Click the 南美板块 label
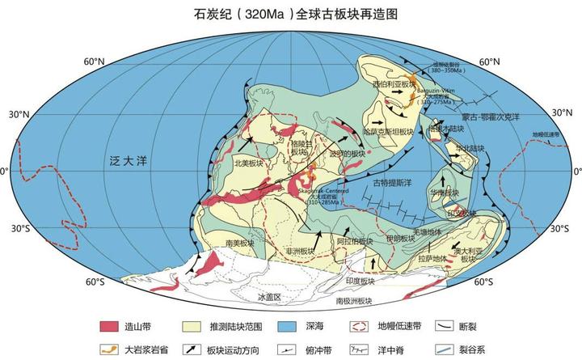[241, 242]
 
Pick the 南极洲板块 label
[355, 300]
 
